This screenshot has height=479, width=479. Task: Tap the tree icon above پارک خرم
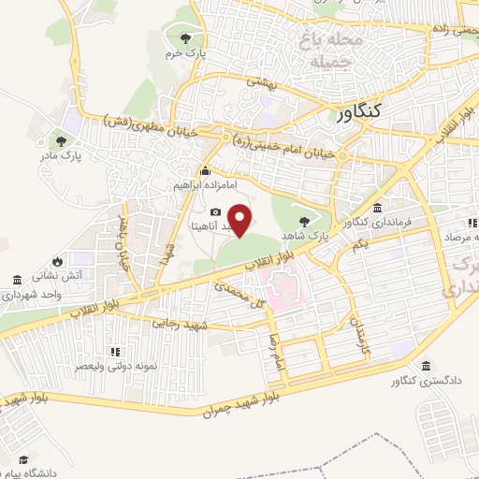185,38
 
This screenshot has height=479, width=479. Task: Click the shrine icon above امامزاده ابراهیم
206,171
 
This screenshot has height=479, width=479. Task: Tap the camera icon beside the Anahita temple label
216,212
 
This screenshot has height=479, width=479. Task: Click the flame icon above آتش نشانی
58,261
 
